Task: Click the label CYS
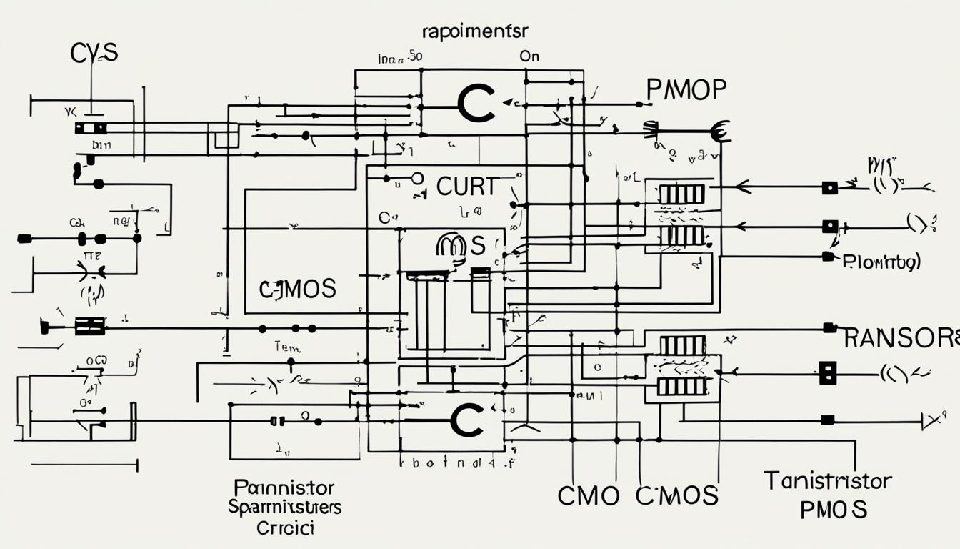[x=94, y=52]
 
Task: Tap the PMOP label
[x=686, y=90]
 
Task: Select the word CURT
[x=466, y=187]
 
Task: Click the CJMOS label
[x=297, y=289]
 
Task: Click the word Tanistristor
[x=828, y=480]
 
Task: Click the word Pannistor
[x=284, y=488]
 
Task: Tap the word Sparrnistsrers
[x=284, y=508]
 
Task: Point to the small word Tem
[x=288, y=347]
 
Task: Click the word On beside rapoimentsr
[x=529, y=56]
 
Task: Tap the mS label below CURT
[x=460, y=246]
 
